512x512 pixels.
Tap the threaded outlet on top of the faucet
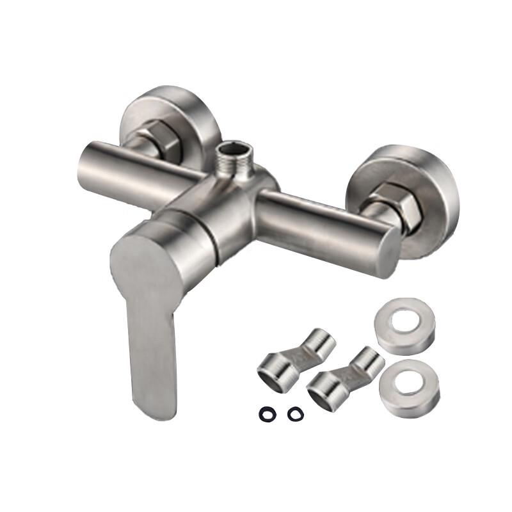(235, 163)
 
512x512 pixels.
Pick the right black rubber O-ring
(294, 414)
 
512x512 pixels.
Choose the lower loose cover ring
(408, 388)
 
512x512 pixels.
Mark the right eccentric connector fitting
(346, 374)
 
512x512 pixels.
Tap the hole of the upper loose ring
(406, 323)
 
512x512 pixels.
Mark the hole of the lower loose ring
(408, 384)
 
